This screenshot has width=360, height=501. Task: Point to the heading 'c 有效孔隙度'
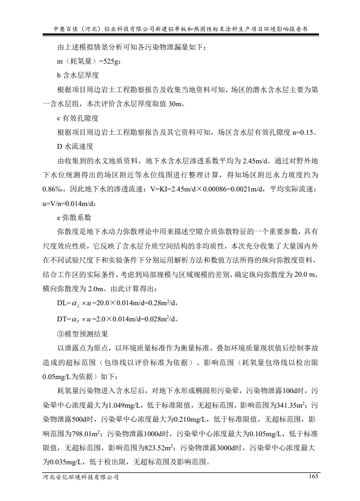78,117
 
